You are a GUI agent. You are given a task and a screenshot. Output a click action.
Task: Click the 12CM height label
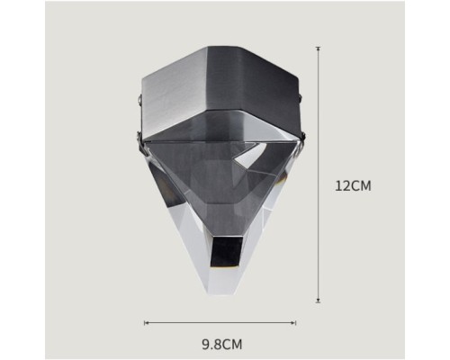(353, 186)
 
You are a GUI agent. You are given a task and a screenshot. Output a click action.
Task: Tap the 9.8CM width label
(222, 345)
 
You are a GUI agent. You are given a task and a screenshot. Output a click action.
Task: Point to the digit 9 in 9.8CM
(206, 345)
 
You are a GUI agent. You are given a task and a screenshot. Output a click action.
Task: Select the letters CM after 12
(361, 186)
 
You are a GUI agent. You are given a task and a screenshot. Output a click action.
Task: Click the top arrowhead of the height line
(319, 48)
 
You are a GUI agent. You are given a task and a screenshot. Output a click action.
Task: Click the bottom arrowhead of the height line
(319, 302)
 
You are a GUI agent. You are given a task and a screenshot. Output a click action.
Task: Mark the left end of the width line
(145, 323)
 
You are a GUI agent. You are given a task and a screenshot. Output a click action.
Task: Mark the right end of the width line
(296, 323)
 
